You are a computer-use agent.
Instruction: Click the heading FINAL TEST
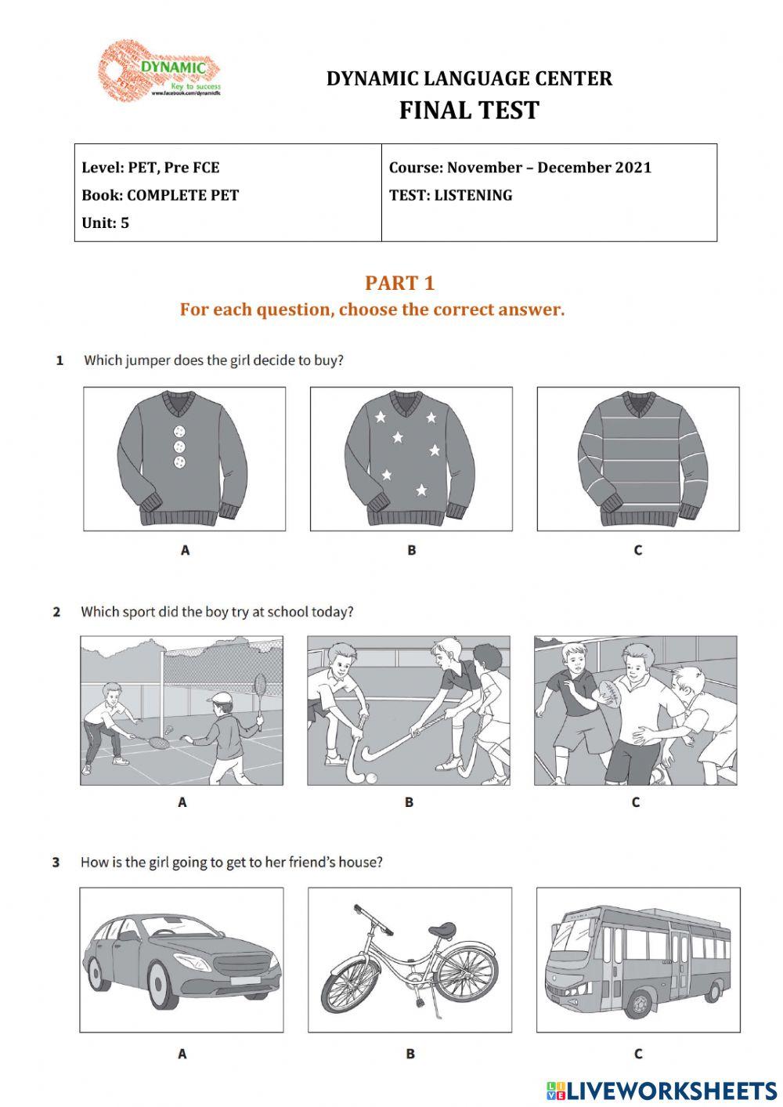tap(469, 110)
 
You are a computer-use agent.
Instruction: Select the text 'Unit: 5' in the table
tap(106, 223)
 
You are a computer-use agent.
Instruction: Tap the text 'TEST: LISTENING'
tap(451, 195)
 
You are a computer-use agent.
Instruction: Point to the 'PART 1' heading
tap(399, 283)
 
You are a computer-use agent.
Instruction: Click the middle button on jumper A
tap(180, 447)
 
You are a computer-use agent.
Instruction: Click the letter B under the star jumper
tap(411, 551)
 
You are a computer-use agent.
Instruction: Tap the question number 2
tap(56, 612)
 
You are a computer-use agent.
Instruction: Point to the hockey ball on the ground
tap(371, 777)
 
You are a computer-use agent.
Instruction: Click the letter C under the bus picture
tap(637, 1055)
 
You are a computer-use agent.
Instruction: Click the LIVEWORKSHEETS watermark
tap(662, 1091)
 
